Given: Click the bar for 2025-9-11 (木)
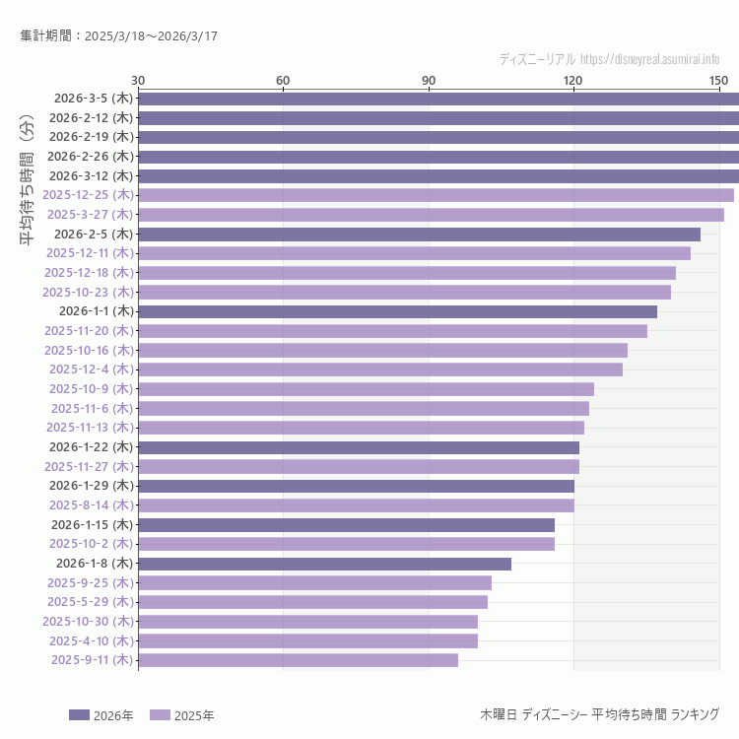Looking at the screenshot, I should [x=298, y=660].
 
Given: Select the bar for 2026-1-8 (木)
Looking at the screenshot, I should [x=324, y=564].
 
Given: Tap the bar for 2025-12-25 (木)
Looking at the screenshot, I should [x=436, y=195].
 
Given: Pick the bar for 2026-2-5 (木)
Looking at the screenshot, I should [x=419, y=235].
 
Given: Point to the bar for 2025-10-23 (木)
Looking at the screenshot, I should [x=404, y=292].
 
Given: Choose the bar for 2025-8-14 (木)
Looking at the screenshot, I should [x=356, y=505].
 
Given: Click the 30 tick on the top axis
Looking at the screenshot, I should [x=138, y=80].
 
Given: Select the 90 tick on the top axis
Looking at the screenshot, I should [x=429, y=80].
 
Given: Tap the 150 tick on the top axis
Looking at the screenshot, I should [x=718, y=80].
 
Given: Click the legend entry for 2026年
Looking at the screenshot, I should [x=101, y=715].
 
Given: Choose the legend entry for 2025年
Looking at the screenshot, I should [x=181, y=715].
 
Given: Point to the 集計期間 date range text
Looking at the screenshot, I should [x=118, y=35].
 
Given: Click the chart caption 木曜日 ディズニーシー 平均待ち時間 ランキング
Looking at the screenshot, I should [x=599, y=713].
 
